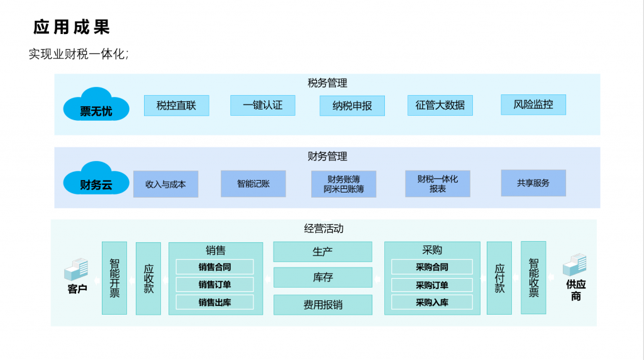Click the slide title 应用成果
72,27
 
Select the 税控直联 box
176,105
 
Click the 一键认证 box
262,105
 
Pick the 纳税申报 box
352,106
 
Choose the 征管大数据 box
440,105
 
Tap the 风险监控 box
533,104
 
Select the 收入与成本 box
165,184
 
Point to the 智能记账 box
253,184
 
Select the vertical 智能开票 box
114,278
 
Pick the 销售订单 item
214,284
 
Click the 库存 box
322,278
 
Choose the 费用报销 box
322,305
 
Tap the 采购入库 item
431,303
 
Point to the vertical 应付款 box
499,278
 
